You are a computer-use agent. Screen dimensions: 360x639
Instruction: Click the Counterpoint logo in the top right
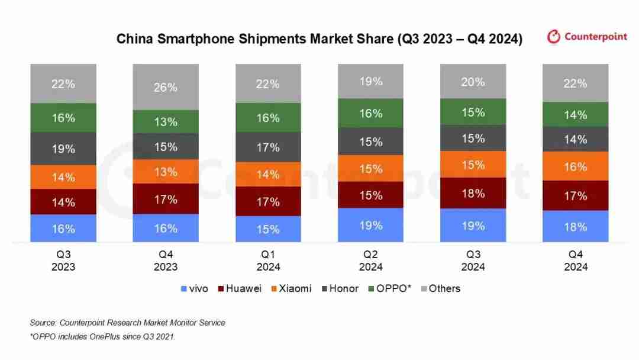pyautogui.click(x=586, y=37)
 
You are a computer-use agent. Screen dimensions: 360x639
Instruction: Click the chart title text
pyautogui.click(x=319, y=39)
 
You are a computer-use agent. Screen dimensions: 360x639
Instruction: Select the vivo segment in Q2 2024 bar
pyautogui.click(x=370, y=225)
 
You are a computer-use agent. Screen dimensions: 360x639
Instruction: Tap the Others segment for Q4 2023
pyautogui.click(x=166, y=87)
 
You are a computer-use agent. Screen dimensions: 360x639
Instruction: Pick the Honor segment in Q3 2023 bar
pyautogui.click(x=63, y=149)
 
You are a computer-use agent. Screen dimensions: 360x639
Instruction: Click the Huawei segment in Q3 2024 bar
pyautogui.click(x=473, y=193)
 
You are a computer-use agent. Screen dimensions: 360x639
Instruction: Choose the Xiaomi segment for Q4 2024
pyautogui.click(x=575, y=166)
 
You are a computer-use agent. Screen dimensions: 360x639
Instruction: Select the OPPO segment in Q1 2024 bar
pyautogui.click(x=268, y=118)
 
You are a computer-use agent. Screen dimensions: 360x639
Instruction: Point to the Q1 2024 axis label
pyautogui.click(x=268, y=261)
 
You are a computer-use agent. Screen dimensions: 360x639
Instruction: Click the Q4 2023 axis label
pyautogui.click(x=166, y=261)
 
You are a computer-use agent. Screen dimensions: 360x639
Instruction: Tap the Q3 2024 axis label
pyautogui.click(x=473, y=261)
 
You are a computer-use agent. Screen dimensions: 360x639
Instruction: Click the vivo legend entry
pyautogui.click(x=195, y=289)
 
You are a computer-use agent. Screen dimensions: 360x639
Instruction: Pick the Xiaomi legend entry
pyautogui.click(x=291, y=289)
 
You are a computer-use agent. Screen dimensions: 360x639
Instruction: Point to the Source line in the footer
pyautogui.click(x=127, y=323)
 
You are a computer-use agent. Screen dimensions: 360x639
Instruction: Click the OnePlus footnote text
pyautogui.click(x=102, y=336)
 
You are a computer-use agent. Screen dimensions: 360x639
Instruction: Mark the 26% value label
pyautogui.click(x=166, y=87)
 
